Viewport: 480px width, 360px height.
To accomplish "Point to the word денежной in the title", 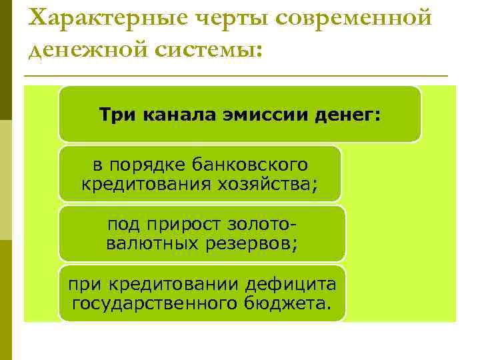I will point(86,49).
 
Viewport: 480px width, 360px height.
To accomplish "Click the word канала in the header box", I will point(173,115).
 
